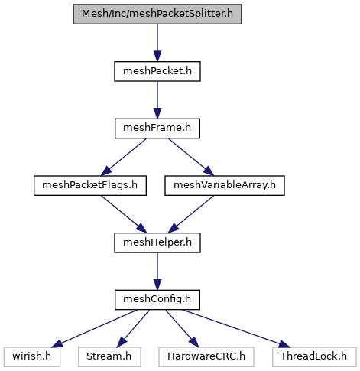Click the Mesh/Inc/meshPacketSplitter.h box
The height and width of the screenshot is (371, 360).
157,15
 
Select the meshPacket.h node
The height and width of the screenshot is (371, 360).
157,71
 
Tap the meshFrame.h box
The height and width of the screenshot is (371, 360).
157,129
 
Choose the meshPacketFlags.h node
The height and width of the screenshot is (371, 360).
90,186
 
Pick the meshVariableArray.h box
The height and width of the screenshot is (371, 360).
225,186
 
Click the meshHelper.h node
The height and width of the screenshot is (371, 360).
157,242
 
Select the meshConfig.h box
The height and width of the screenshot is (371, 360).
157,300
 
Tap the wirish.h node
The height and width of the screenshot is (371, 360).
32,357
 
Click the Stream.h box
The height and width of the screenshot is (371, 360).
109,357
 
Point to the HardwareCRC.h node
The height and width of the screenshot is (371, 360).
206,357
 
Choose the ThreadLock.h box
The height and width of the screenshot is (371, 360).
314,357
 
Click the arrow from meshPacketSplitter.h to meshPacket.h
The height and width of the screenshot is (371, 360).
157,43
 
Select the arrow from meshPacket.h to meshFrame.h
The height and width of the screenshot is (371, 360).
157,100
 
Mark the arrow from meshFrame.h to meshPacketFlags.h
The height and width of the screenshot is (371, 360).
124,157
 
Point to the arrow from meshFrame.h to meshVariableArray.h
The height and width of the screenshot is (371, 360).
191,157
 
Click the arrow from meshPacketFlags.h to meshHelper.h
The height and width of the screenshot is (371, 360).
124,214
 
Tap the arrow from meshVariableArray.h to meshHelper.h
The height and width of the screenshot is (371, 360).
191,214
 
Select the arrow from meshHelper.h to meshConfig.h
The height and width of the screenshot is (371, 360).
157,272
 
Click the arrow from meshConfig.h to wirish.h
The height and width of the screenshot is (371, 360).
94,328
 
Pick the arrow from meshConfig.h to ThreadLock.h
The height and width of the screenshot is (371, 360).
236,328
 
